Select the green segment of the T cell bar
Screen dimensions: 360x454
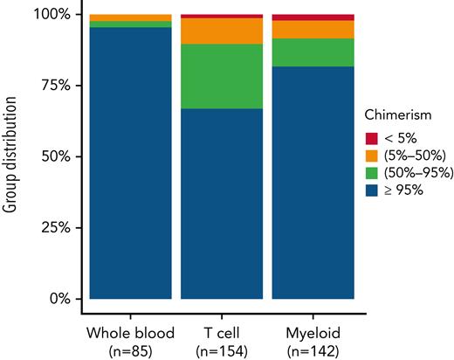point(221,76)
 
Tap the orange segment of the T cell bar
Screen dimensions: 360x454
point(221,31)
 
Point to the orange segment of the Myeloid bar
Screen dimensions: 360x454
point(313,30)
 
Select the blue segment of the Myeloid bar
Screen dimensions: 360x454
point(313,183)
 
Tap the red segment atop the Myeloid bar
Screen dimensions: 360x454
point(313,17)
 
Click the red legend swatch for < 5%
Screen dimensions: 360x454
point(373,138)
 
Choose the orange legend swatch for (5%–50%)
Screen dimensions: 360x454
point(373,155)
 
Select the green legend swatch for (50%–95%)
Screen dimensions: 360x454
point(373,172)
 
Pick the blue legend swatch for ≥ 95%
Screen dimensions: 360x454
point(373,189)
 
